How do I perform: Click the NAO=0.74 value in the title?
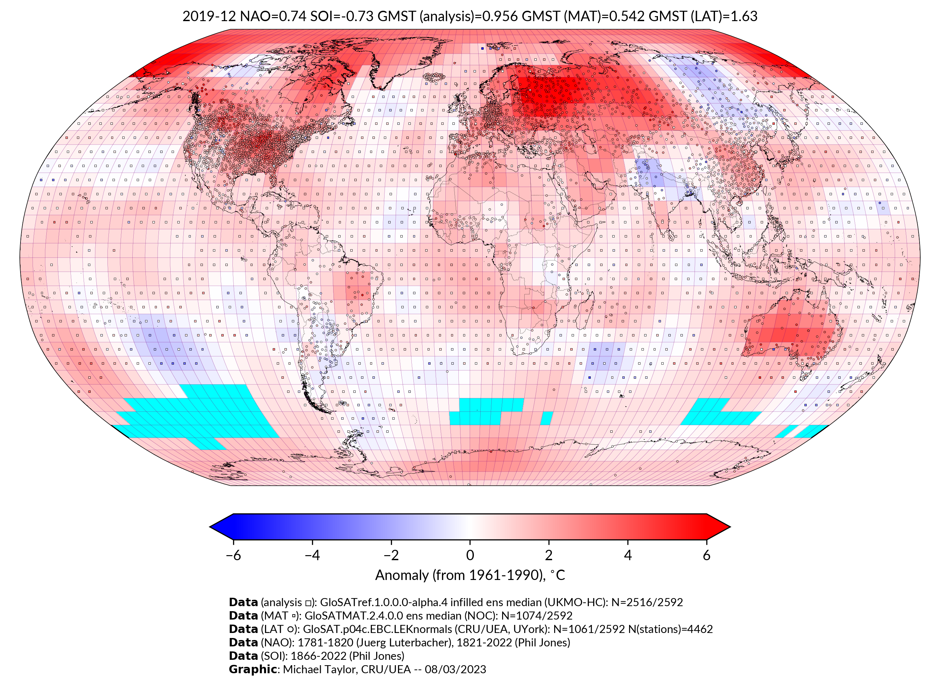pos(273,16)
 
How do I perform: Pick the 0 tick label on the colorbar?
pos(470,555)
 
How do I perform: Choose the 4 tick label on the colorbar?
pos(628,555)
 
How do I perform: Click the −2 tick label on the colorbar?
pos(391,555)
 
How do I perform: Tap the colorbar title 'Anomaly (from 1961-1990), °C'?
pos(470,575)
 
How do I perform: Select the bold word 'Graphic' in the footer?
pos(252,669)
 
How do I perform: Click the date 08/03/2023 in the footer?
pos(455,669)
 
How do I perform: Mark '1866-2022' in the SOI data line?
pos(318,656)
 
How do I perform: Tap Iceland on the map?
pos(435,77)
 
